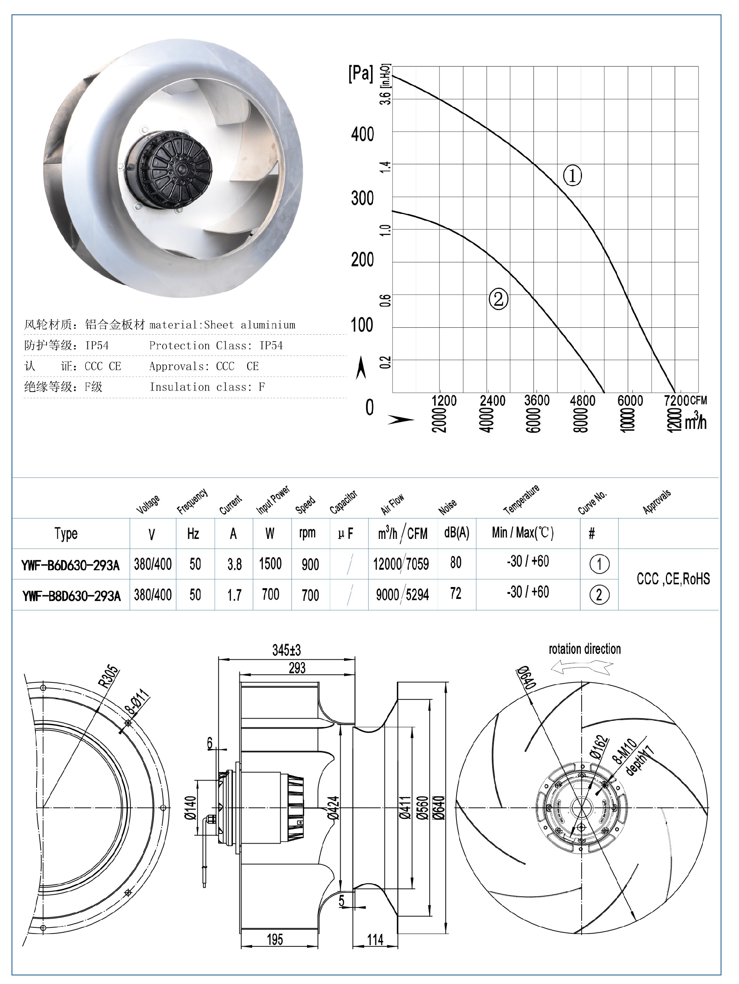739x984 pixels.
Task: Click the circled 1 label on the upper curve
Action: [x=572, y=175]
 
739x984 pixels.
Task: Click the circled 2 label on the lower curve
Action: [x=498, y=299]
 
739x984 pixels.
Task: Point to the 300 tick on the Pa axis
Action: [x=362, y=198]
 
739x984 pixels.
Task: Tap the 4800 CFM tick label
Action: [x=582, y=401]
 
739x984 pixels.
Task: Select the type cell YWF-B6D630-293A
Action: [x=70, y=565]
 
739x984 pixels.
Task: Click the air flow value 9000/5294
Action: [x=402, y=595]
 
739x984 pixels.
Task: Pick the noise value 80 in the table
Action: [x=455, y=563]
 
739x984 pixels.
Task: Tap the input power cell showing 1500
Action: [x=270, y=564]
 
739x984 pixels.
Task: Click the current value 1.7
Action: [x=234, y=595]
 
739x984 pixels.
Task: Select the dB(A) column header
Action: [x=456, y=532]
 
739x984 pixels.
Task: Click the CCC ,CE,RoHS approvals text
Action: [x=673, y=579]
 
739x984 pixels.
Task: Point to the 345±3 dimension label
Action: [x=286, y=650]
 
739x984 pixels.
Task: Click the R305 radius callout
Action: [x=109, y=677]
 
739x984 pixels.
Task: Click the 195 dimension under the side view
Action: [x=275, y=939]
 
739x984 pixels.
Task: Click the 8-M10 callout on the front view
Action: [x=625, y=751]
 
